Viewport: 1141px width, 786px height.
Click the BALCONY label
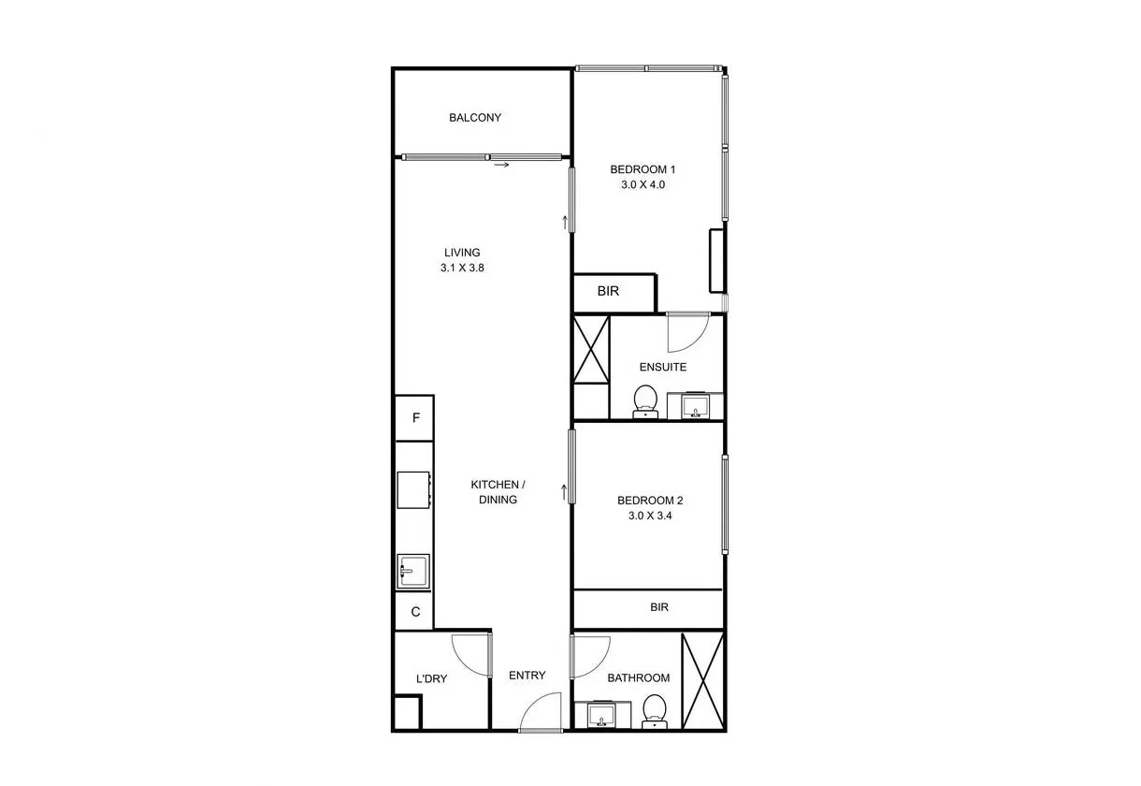point(475,118)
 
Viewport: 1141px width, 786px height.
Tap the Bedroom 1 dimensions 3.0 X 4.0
point(643,185)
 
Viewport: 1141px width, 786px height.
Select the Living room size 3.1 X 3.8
point(462,267)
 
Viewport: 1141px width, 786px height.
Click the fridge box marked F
point(415,418)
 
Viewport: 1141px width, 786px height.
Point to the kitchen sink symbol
point(413,570)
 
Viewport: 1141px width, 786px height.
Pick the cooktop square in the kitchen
point(413,489)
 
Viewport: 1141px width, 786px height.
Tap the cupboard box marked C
point(415,613)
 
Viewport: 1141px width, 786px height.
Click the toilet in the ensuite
point(644,400)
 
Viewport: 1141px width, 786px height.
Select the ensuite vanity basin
point(696,406)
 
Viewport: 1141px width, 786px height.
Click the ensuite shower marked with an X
point(591,350)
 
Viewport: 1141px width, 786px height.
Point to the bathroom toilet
point(655,711)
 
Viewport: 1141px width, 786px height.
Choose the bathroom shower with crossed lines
point(702,681)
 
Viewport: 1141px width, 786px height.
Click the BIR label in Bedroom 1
point(608,291)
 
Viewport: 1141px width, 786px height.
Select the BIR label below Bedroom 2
point(659,607)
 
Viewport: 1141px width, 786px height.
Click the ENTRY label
point(527,676)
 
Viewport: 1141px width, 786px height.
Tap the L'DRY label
point(431,678)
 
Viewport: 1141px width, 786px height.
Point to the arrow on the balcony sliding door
point(501,166)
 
